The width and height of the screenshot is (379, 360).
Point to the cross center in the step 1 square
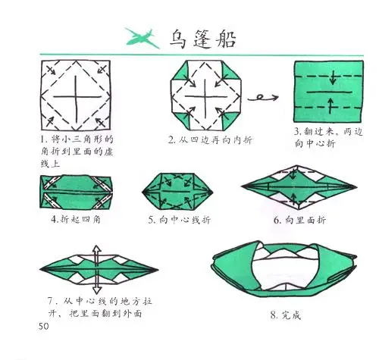pyautogui.click(x=77, y=95)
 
